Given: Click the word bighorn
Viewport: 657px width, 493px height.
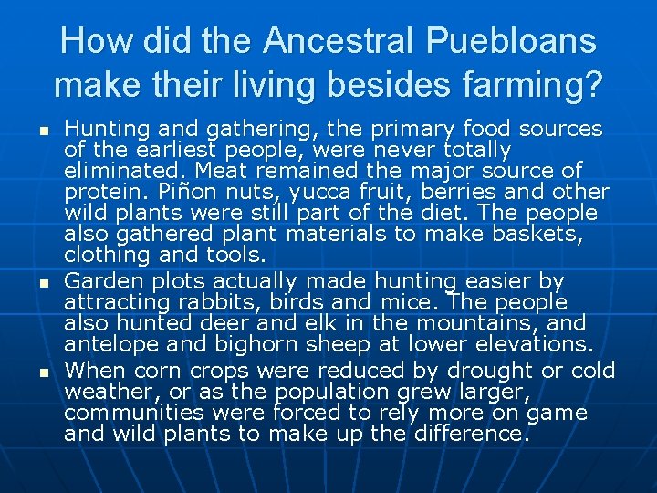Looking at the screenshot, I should (x=242, y=345).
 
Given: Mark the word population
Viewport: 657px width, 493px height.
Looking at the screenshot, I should (x=335, y=392).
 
